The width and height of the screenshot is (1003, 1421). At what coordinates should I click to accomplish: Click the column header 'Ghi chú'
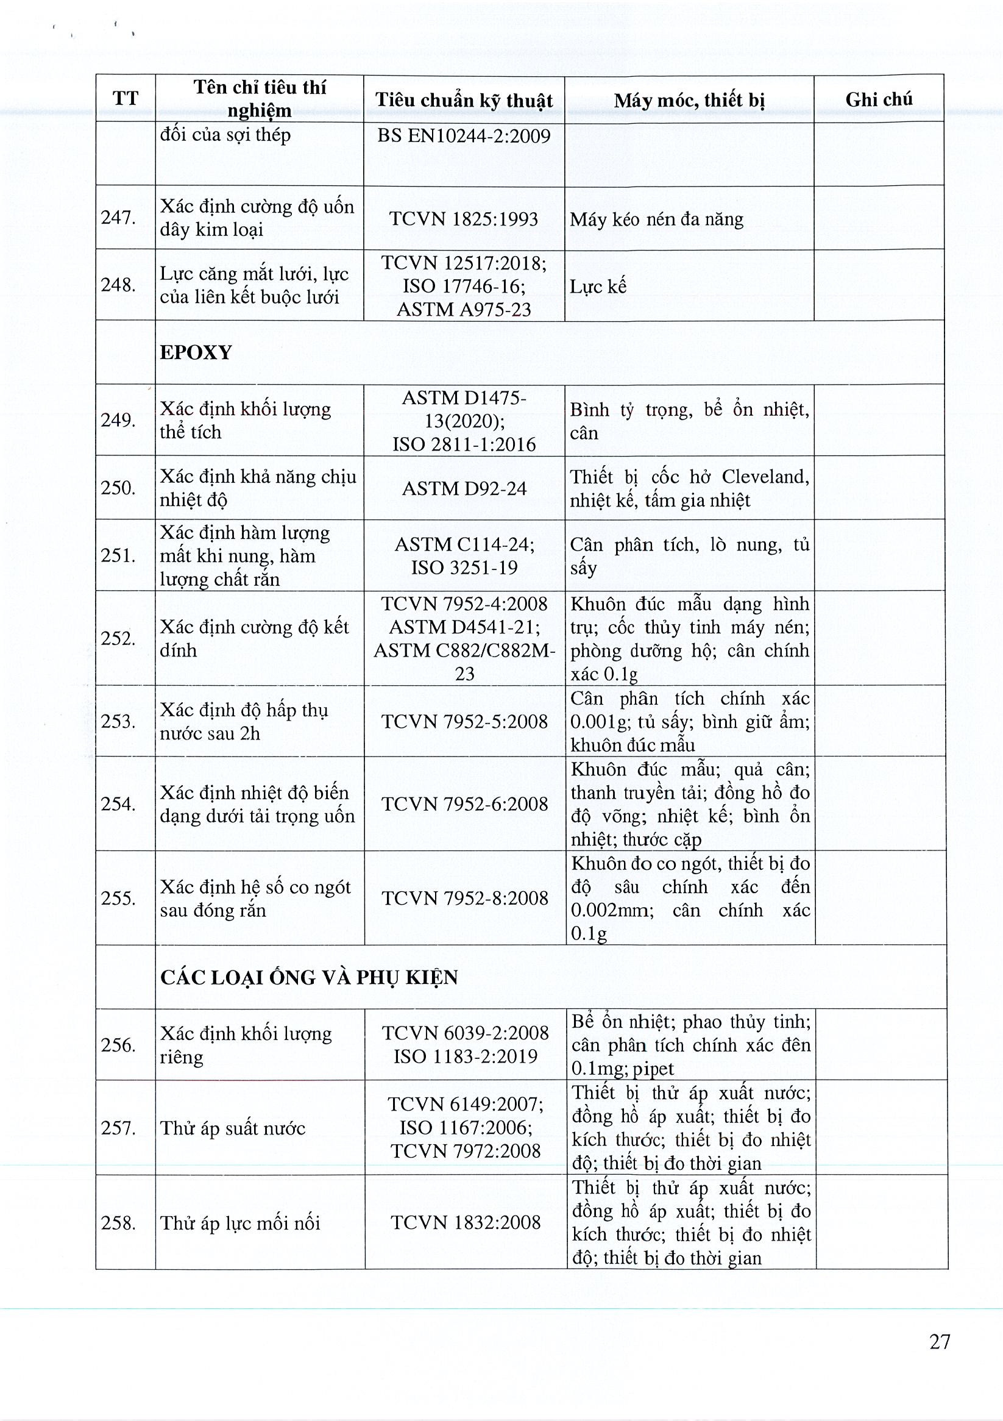(x=879, y=99)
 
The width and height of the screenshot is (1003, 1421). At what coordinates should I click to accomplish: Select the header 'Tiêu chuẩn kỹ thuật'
(x=464, y=99)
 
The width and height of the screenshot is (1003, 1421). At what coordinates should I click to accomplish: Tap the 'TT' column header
(x=125, y=98)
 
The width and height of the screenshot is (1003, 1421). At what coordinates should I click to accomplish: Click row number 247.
(x=118, y=218)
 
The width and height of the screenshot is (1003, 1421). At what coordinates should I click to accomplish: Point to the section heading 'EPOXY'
(x=196, y=352)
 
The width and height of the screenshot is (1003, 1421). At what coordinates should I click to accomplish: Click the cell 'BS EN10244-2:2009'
(x=464, y=135)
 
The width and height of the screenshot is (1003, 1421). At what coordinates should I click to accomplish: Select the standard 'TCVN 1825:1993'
(x=464, y=218)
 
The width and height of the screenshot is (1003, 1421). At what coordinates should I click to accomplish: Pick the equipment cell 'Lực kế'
(x=598, y=287)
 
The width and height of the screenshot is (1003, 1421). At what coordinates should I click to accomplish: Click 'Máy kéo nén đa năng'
(x=656, y=219)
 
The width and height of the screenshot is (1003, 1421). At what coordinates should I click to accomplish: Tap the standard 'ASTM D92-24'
(x=464, y=488)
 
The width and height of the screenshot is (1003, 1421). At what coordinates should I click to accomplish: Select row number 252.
(x=118, y=638)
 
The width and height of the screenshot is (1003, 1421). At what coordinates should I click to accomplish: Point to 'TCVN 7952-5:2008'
(x=464, y=721)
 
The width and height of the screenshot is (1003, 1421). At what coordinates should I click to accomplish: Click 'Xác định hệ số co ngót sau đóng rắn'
(x=255, y=898)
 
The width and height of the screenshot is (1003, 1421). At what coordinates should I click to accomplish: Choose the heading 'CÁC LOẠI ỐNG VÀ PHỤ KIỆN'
(x=309, y=977)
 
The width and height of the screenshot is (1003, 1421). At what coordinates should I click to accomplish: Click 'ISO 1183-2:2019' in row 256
(x=466, y=1056)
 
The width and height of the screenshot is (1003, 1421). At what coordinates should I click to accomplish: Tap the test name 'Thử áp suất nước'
(x=233, y=1128)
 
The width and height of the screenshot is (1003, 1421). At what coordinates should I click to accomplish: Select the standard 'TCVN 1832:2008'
(x=466, y=1222)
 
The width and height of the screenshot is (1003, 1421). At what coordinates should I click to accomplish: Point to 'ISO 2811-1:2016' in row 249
(x=464, y=444)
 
